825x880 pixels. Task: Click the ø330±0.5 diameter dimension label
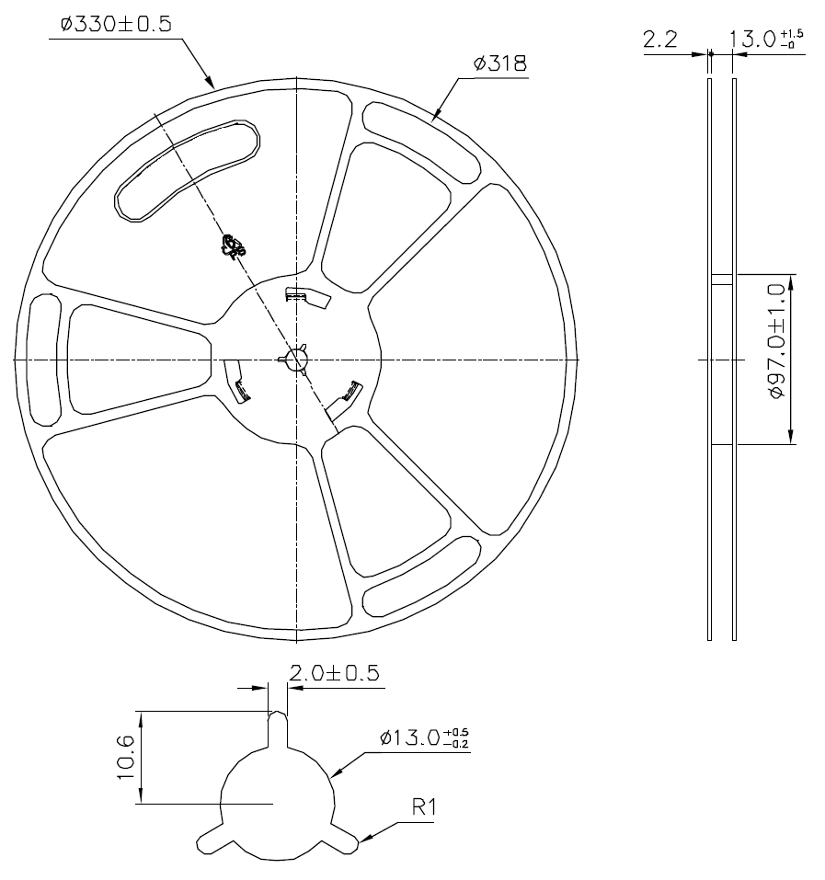pos(115,25)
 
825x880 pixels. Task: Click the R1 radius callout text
pos(425,807)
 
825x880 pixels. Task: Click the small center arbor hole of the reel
pos(297,360)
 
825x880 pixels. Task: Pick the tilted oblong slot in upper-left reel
pos(186,170)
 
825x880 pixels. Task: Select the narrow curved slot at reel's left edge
pos(42,359)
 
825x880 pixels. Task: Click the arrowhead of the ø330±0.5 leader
pos(213,87)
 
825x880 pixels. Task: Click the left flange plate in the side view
pos(709,359)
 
